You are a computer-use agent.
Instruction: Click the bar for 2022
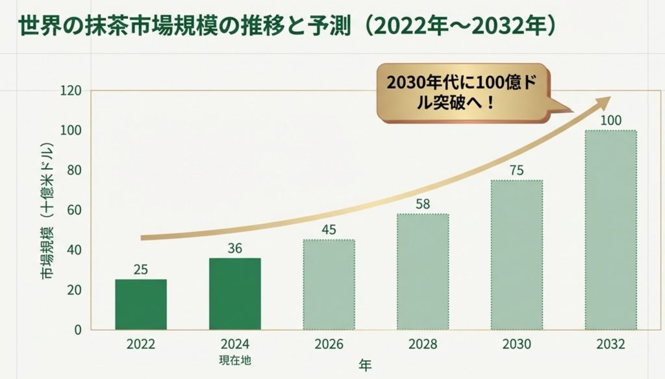pos(141,304)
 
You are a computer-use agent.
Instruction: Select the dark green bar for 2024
pos(234,293)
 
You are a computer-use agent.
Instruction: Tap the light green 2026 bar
pos(329,284)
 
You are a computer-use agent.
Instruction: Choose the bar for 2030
pos(516,254)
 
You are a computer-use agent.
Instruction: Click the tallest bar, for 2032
pos(610,230)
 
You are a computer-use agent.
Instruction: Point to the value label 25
pos(141,269)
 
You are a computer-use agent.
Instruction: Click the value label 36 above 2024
pos(234,247)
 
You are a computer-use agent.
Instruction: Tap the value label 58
pos(423,204)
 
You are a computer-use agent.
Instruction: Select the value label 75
pos(516,170)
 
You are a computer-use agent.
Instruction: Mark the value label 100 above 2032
pos(610,120)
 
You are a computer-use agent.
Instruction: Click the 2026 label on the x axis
pos(329,344)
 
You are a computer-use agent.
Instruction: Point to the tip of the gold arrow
pos(609,99)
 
